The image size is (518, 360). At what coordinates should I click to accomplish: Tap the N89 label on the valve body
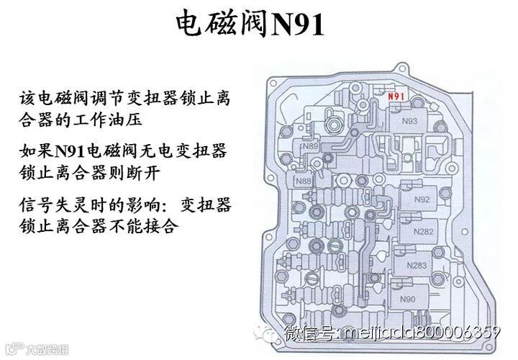point(311,146)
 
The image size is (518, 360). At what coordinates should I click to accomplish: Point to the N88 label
point(304,181)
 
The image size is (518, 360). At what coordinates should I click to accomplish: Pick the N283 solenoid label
point(417,265)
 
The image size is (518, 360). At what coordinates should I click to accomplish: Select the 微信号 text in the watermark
point(309,333)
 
